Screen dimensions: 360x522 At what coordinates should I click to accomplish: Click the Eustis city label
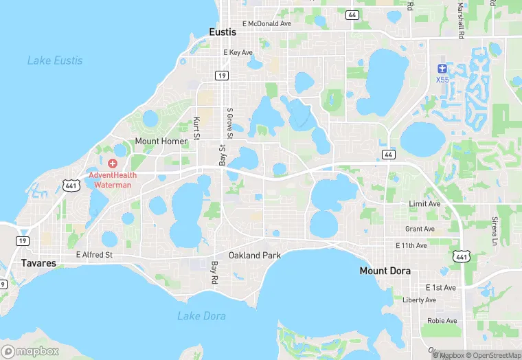[x=222, y=32]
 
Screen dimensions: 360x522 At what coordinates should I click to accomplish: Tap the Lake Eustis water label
[x=55, y=60]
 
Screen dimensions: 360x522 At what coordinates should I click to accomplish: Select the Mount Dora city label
[x=385, y=271]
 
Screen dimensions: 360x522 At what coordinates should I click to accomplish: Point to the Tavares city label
[x=38, y=263]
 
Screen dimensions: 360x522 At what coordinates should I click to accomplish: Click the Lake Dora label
[x=201, y=316]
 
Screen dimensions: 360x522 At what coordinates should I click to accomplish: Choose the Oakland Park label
[x=255, y=256]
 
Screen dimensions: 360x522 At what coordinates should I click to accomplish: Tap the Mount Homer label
[x=161, y=142]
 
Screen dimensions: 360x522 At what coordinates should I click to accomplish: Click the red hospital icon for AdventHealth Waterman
[x=113, y=164]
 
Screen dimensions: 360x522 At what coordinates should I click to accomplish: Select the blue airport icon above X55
[x=442, y=69]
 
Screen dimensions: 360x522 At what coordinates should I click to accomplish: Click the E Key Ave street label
[x=238, y=52]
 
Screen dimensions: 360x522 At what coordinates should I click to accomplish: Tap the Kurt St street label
[x=196, y=128]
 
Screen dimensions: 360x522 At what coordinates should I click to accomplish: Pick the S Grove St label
[x=230, y=122]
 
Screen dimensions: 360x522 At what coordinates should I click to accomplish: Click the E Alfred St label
[x=94, y=255]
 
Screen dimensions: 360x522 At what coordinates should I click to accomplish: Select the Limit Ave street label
[x=424, y=204]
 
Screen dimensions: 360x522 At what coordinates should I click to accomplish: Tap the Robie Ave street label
[x=442, y=321]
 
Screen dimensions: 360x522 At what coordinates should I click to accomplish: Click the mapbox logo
[x=30, y=351]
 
